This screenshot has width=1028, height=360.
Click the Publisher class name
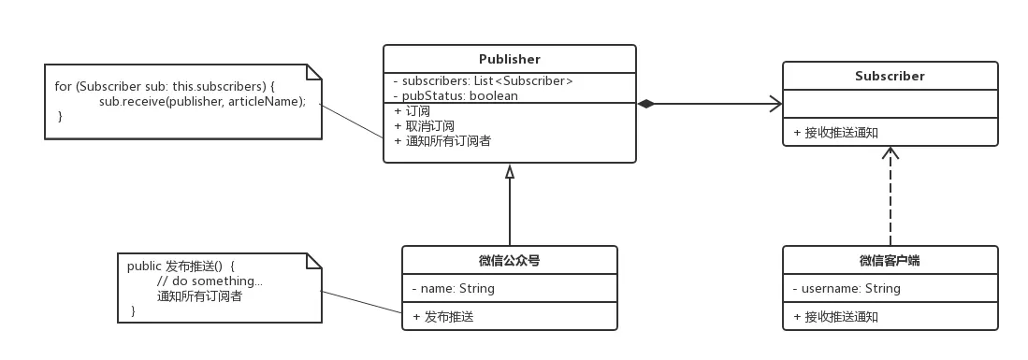[509, 60]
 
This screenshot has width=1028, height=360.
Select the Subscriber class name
[890, 76]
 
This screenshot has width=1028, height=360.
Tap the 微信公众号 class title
[509, 261]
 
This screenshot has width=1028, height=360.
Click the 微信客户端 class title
[890, 261]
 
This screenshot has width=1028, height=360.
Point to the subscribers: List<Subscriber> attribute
[483, 81]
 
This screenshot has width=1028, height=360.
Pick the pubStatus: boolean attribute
[456, 95]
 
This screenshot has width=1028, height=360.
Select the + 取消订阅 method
[425, 126]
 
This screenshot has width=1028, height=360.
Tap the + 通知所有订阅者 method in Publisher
[442, 141]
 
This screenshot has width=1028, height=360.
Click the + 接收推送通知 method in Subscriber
[835, 133]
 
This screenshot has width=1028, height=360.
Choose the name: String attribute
[453, 289]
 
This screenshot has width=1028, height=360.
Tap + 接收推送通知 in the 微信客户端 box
[835, 317]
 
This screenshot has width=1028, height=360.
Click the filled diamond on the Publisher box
[646, 104]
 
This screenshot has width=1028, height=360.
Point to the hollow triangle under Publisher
[510, 171]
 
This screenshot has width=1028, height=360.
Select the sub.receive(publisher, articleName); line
[202, 101]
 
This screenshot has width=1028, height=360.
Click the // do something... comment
[210, 281]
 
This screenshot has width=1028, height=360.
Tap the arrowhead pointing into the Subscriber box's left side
[775, 104]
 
